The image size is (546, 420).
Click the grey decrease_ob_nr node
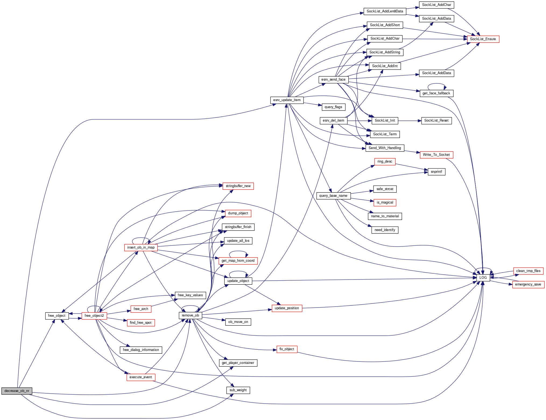tap(17, 391)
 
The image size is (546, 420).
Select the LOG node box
tap(483, 277)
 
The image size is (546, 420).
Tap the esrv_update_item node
tap(287, 100)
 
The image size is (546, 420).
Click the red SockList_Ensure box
tap(483, 39)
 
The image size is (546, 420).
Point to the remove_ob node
tap(190, 315)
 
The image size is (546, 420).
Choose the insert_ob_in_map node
tap(141, 247)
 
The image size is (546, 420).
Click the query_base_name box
tap(333, 196)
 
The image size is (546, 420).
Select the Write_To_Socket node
tap(436, 155)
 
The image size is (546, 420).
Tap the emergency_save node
tap(528, 284)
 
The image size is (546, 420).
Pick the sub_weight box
tap(238, 390)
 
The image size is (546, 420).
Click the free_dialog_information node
tap(141, 350)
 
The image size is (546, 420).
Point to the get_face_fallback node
tap(436, 93)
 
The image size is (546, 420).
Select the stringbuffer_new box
tap(238, 186)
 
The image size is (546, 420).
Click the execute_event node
tap(141, 377)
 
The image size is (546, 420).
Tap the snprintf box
tap(436, 172)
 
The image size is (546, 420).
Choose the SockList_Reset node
tap(436, 121)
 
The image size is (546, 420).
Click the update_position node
tap(287, 308)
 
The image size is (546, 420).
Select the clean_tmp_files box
tap(528, 271)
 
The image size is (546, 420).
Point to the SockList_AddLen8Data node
tap(385, 11)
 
